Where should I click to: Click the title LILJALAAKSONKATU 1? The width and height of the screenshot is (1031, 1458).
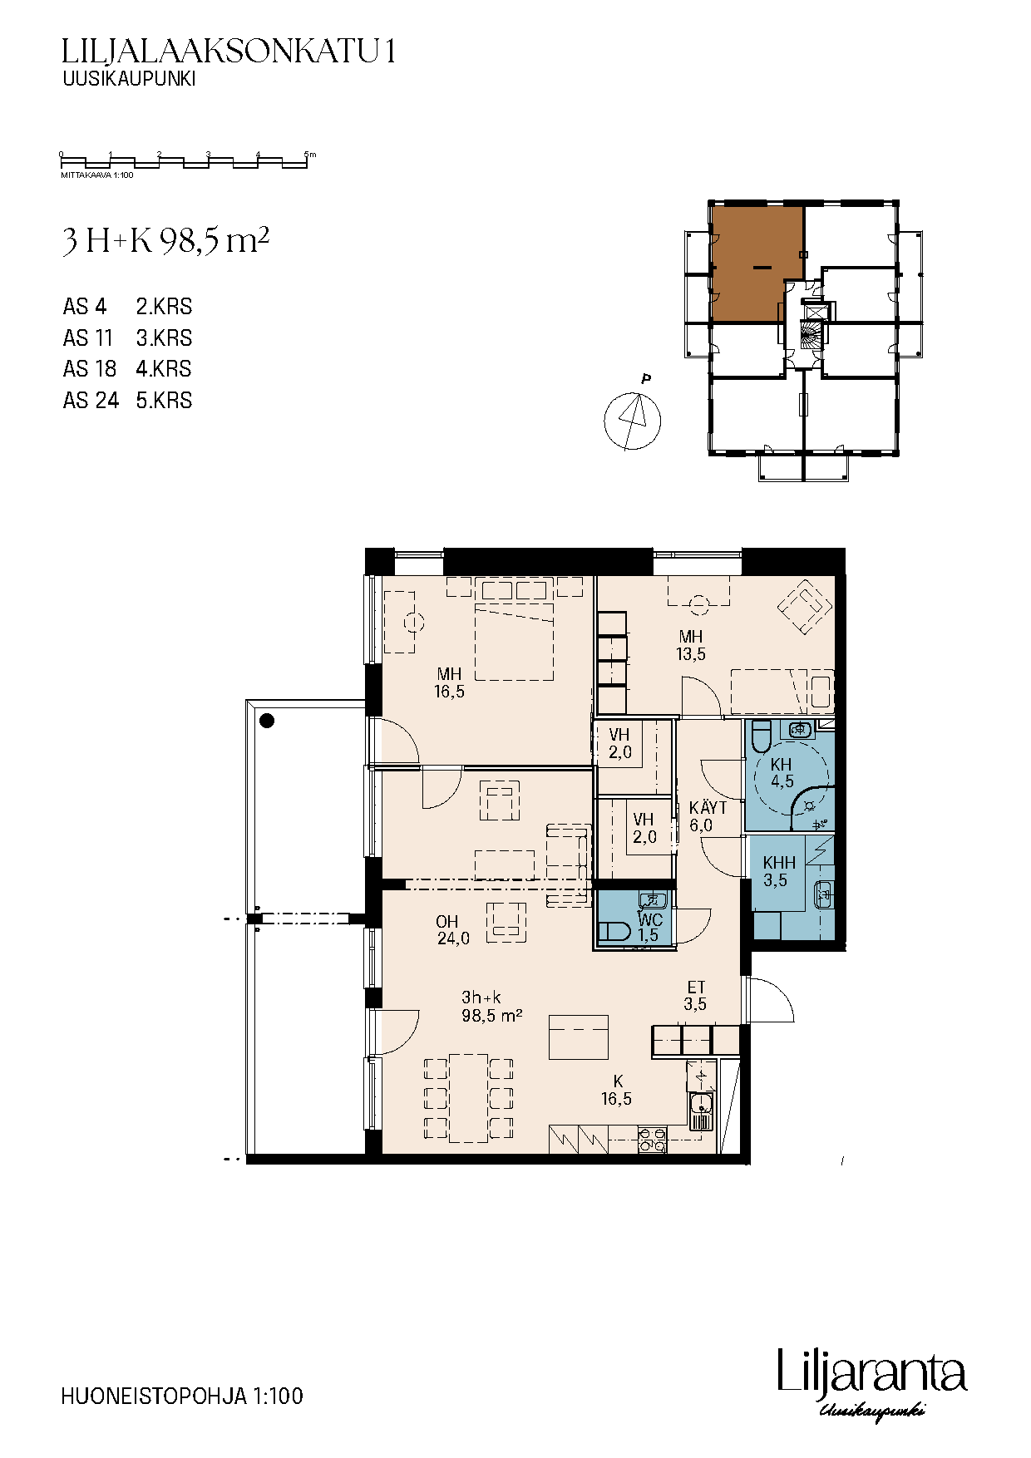coord(228,52)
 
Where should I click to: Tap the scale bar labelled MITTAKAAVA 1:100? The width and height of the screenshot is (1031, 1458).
coord(185,161)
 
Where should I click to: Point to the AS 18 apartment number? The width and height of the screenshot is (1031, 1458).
coord(89,369)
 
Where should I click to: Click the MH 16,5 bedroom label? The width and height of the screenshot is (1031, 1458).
coord(449,682)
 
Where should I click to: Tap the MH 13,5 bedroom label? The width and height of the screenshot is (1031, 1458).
coord(691,646)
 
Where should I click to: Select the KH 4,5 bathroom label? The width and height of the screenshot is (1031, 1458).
coord(782,773)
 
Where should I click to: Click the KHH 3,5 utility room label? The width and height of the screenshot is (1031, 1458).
coord(779,872)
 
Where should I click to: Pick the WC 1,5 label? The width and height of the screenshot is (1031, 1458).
coord(649,928)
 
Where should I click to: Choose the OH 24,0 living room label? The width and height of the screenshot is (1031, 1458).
coord(452,930)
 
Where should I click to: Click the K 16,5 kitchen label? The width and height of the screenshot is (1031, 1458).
coord(617,1091)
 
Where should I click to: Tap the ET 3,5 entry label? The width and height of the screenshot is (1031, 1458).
coord(696,996)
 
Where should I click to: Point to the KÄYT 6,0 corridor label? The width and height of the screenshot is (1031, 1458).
coord(707,816)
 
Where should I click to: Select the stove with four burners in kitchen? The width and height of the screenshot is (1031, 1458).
coord(652,1139)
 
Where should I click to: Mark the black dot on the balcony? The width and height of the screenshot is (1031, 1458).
coord(268,721)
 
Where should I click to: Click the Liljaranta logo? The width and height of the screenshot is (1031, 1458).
coord(872,1382)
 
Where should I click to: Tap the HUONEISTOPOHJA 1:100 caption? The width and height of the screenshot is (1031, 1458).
coord(182,1396)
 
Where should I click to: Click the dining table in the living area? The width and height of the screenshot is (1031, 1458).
coord(468,1098)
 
